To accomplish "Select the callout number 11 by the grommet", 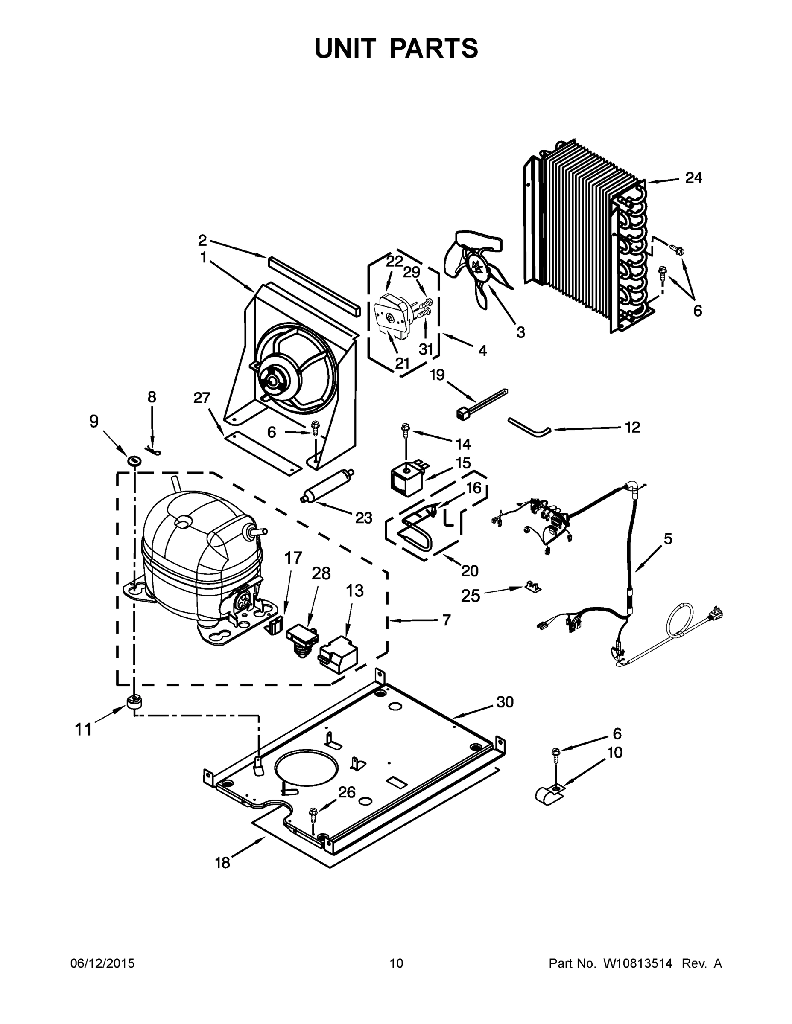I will click(x=84, y=730).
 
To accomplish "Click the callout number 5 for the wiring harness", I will click(x=668, y=539).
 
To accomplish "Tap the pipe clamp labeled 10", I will click(x=547, y=794).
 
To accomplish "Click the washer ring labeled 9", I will click(x=134, y=461).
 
